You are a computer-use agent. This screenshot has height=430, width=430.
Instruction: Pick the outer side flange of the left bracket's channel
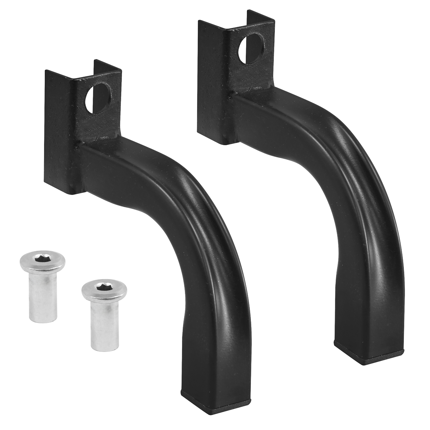click(57, 133)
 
